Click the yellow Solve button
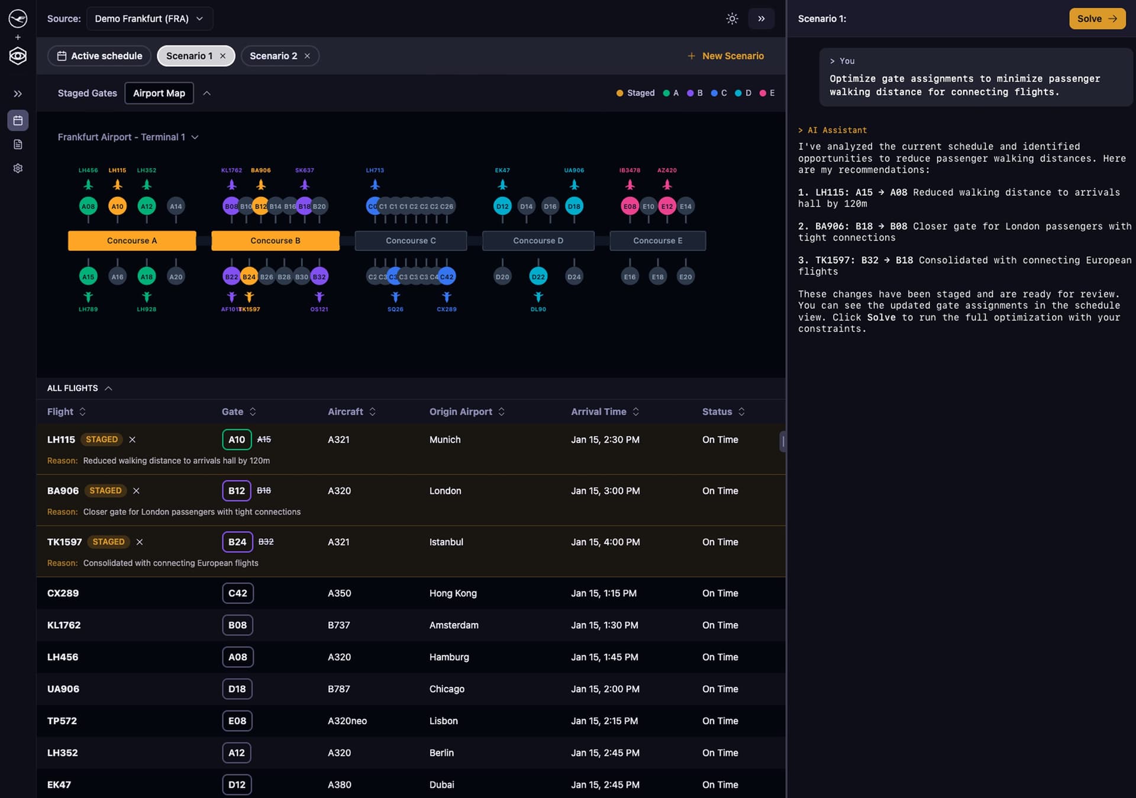click(x=1096, y=19)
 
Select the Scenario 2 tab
click(x=273, y=56)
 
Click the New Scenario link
click(x=725, y=56)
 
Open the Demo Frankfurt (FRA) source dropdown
click(x=149, y=19)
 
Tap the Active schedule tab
click(x=99, y=56)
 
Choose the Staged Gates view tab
click(x=87, y=93)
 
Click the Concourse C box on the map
click(x=411, y=241)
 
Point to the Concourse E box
click(x=657, y=241)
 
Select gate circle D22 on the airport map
click(x=538, y=276)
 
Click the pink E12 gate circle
click(x=667, y=206)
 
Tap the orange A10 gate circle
click(x=117, y=206)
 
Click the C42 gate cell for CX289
click(x=238, y=593)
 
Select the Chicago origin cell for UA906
click(x=447, y=689)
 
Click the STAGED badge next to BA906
click(x=105, y=491)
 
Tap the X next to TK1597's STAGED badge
click(x=140, y=542)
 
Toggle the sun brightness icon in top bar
click(x=732, y=19)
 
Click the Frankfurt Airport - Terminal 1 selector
click(x=127, y=137)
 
